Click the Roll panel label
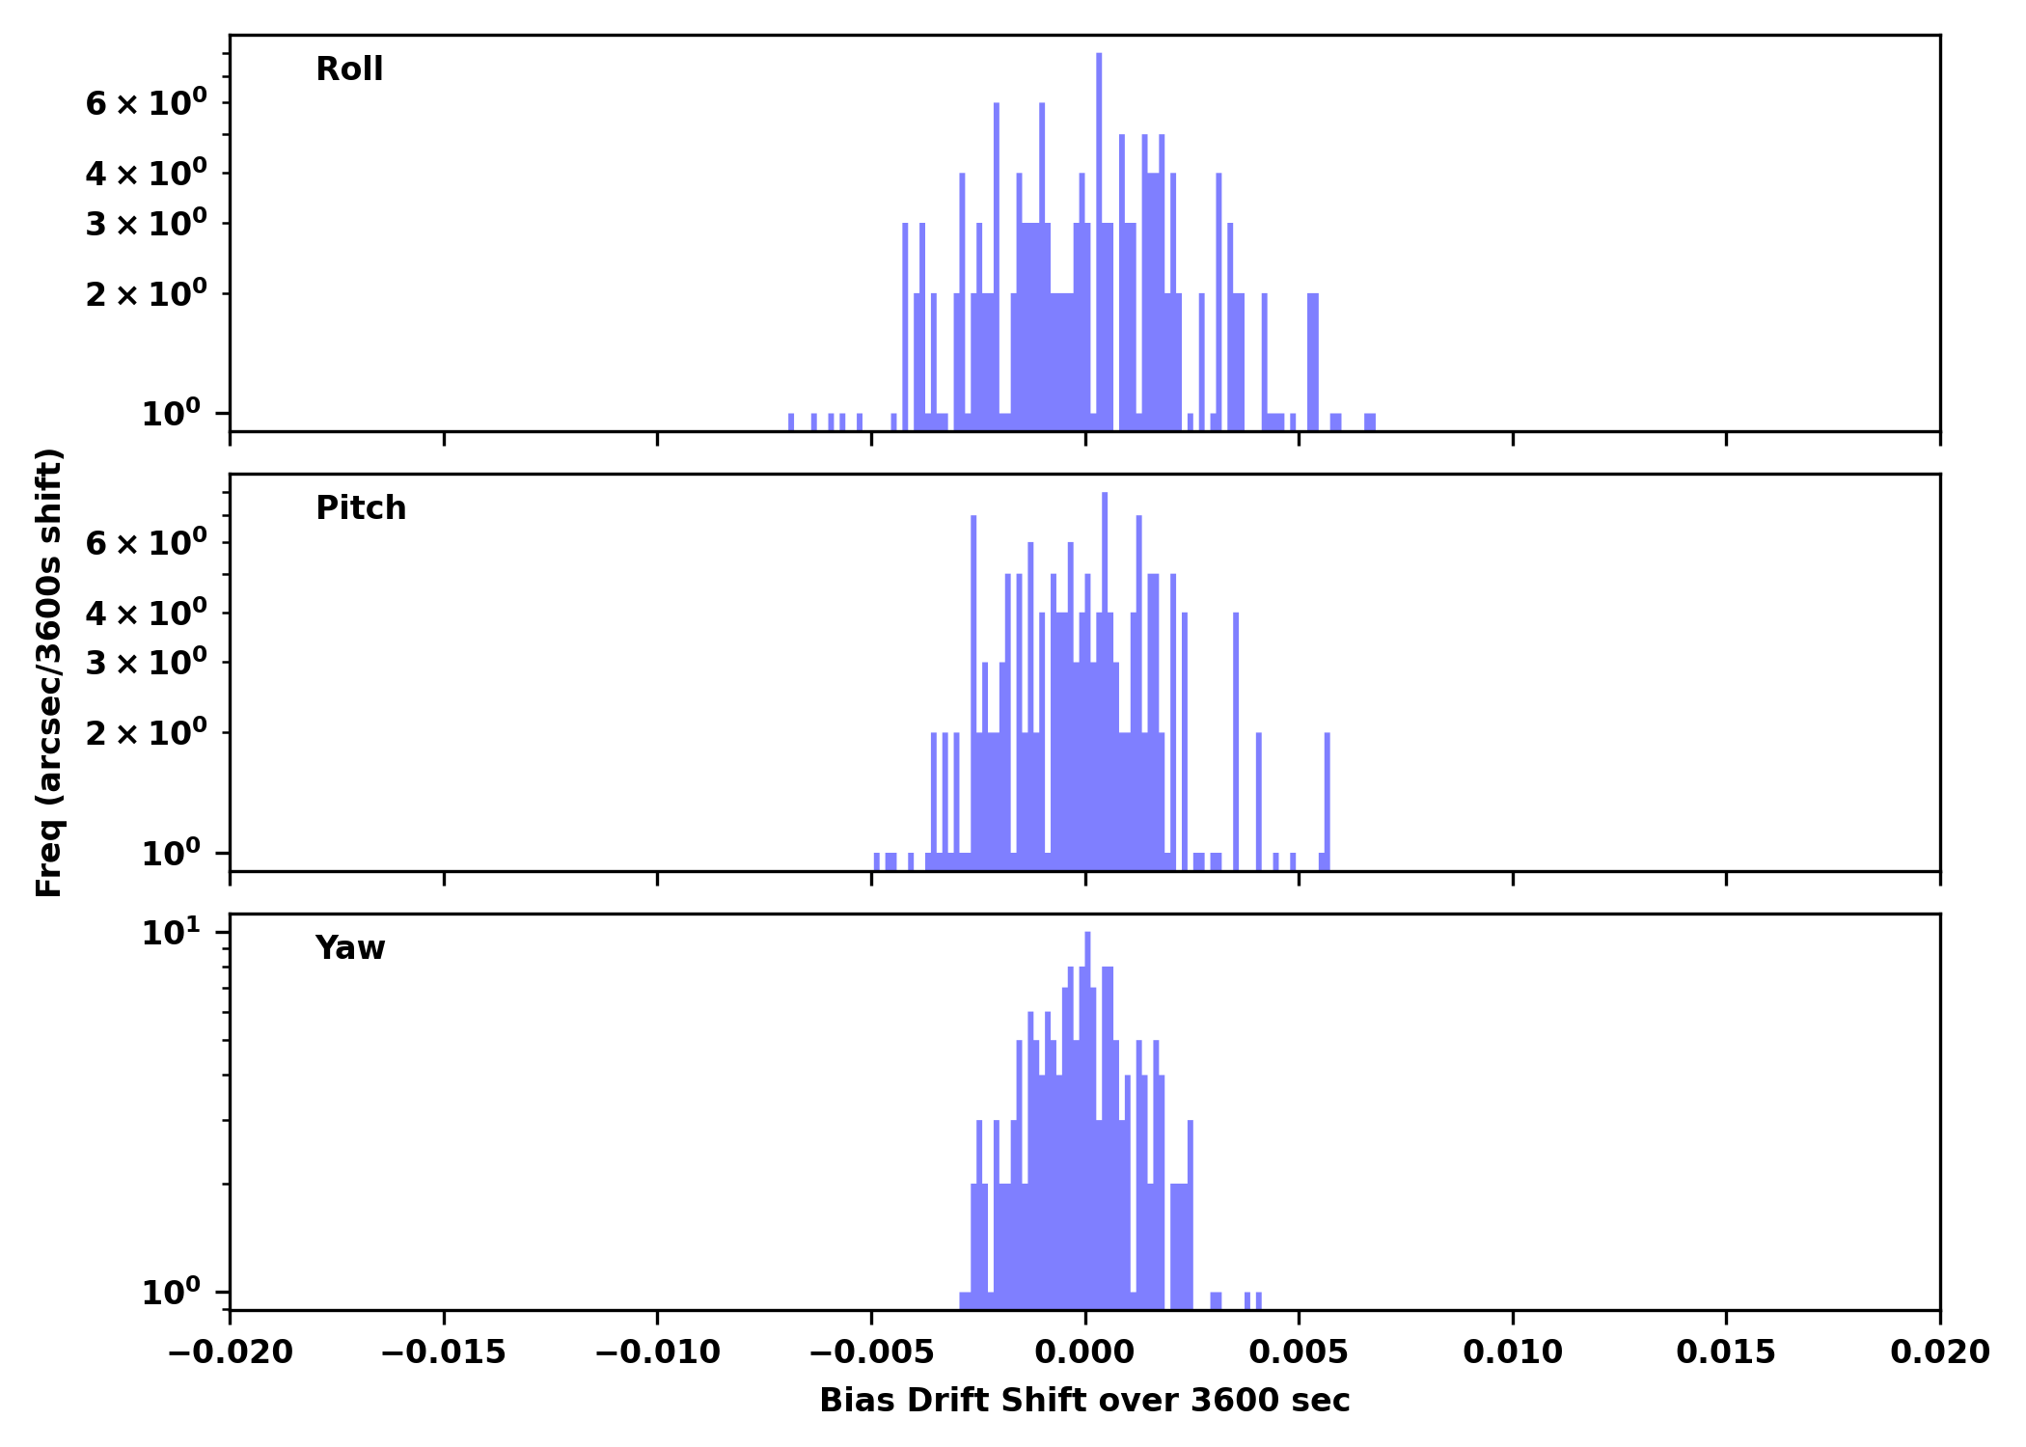(x=349, y=69)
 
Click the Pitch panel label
(x=361, y=508)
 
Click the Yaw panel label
(x=349, y=948)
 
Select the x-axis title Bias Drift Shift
(x=1084, y=1401)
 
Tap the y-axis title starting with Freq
(x=49, y=672)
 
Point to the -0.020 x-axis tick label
(x=230, y=1352)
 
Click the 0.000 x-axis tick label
(x=1084, y=1352)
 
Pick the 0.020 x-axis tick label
(x=1939, y=1352)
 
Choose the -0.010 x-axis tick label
(x=657, y=1352)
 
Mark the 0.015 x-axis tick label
(x=1725, y=1352)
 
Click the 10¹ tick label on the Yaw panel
(x=172, y=933)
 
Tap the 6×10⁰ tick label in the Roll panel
(x=147, y=102)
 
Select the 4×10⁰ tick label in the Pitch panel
(x=147, y=612)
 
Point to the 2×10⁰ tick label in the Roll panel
(x=147, y=293)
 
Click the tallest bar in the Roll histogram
(x=1099, y=241)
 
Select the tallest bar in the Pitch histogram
(x=1105, y=675)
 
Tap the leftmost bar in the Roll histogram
(x=791, y=422)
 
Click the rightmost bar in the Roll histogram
(x=1370, y=422)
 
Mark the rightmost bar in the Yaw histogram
(x=1258, y=1299)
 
